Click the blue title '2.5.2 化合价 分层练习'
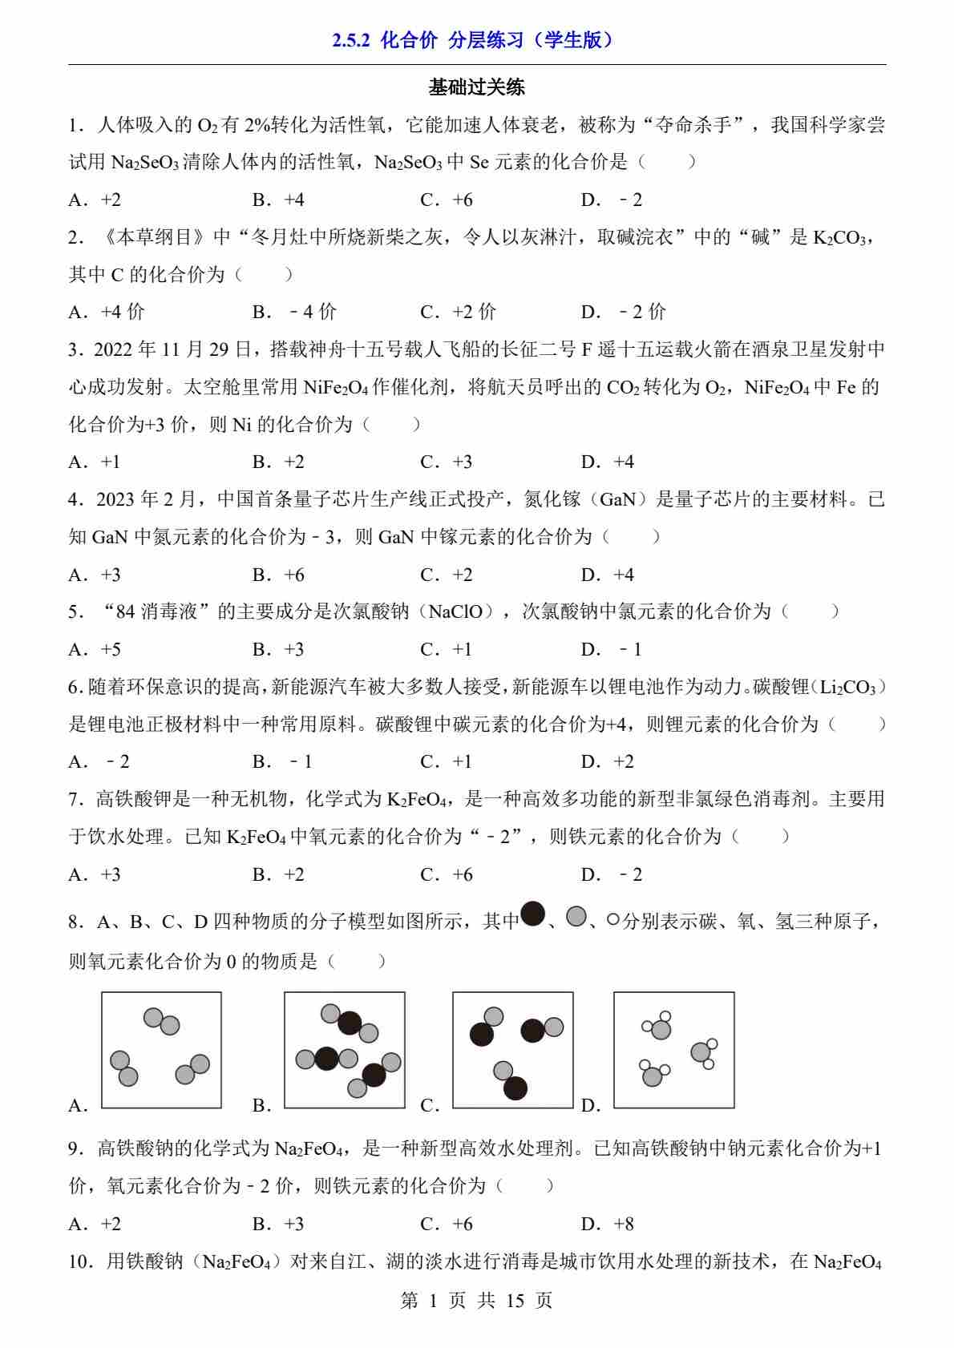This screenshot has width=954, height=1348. pyautogui.click(x=476, y=40)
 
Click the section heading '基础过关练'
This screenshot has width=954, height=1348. pyautogui.click(x=476, y=87)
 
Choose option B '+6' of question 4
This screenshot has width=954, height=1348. pyautogui.click(x=279, y=575)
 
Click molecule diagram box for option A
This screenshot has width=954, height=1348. pyautogui.click(x=161, y=1050)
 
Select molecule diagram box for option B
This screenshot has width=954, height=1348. pyautogui.click(x=345, y=1050)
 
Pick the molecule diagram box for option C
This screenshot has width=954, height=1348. pyautogui.click(x=513, y=1050)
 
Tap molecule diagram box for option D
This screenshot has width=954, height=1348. pyautogui.click(x=674, y=1050)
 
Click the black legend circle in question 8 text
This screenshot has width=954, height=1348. pyautogui.click(x=533, y=914)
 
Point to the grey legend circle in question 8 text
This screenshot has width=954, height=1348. pyautogui.click(x=576, y=916)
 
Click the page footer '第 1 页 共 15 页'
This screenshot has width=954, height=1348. pyautogui.click(x=476, y=1300)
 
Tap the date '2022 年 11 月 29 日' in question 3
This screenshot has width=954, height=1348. pyautogui.click(x=172, y=349)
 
